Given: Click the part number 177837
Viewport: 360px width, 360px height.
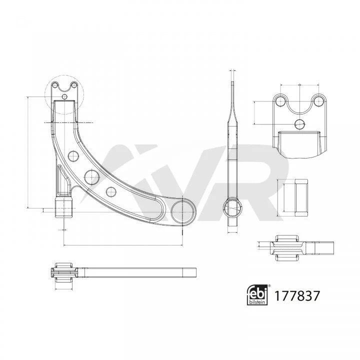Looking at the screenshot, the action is pyautogui.click(x=297, y=295).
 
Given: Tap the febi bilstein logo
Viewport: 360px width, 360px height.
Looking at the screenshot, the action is pyautogui.click(x=257, y=294).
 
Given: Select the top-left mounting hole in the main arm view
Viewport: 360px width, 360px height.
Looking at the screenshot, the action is pyautogui.click(x=54, y=85).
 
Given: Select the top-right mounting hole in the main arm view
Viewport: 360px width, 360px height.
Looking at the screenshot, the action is pyautogui.click(x=74, y=85).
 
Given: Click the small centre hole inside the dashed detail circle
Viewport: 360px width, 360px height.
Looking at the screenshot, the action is pyautogui.click(x=65, y=96).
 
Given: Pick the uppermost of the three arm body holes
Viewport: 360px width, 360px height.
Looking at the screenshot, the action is pyautogui.click(x=73, y=156).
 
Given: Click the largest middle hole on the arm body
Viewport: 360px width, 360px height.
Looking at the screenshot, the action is pyautogui.click(x=91, y=177).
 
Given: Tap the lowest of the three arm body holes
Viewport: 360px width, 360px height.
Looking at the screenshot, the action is pyautogui.click(x=111, y=191).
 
